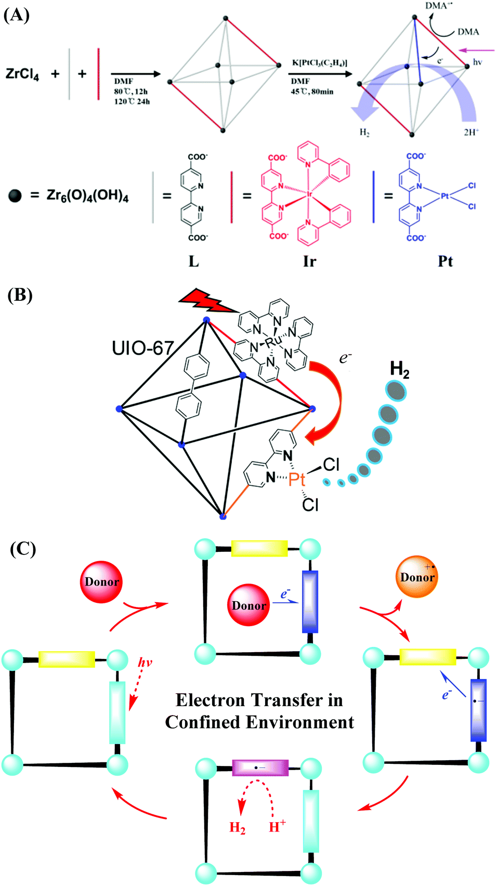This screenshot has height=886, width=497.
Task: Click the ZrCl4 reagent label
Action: tap(22, 74)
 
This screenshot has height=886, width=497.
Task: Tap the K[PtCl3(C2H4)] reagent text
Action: tap(319, 63)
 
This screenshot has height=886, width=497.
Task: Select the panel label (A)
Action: tap(17, 15)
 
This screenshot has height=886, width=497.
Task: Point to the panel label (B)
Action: tap(20, 295)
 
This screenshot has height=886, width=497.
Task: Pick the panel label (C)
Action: tap(23, 549)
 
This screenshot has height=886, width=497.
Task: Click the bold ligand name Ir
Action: tap(309, 261)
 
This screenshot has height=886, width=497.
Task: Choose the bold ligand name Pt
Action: tap(445, 261)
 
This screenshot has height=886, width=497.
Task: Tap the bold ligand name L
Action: tap(193, 261)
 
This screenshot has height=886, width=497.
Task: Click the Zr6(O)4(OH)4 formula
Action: tap(87, 196)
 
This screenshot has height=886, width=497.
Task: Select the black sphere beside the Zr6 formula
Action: tap(16, 196)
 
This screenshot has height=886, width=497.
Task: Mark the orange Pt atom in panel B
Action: tap(297, 479)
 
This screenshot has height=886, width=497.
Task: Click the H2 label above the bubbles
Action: tap(399, 369)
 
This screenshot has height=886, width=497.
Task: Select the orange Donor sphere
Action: tap(417, 577)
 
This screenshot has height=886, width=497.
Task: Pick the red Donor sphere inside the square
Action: tap(249, 605)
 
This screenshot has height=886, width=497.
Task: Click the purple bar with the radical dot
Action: tap(260, 768)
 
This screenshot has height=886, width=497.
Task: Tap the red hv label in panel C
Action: tap(145, 663)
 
